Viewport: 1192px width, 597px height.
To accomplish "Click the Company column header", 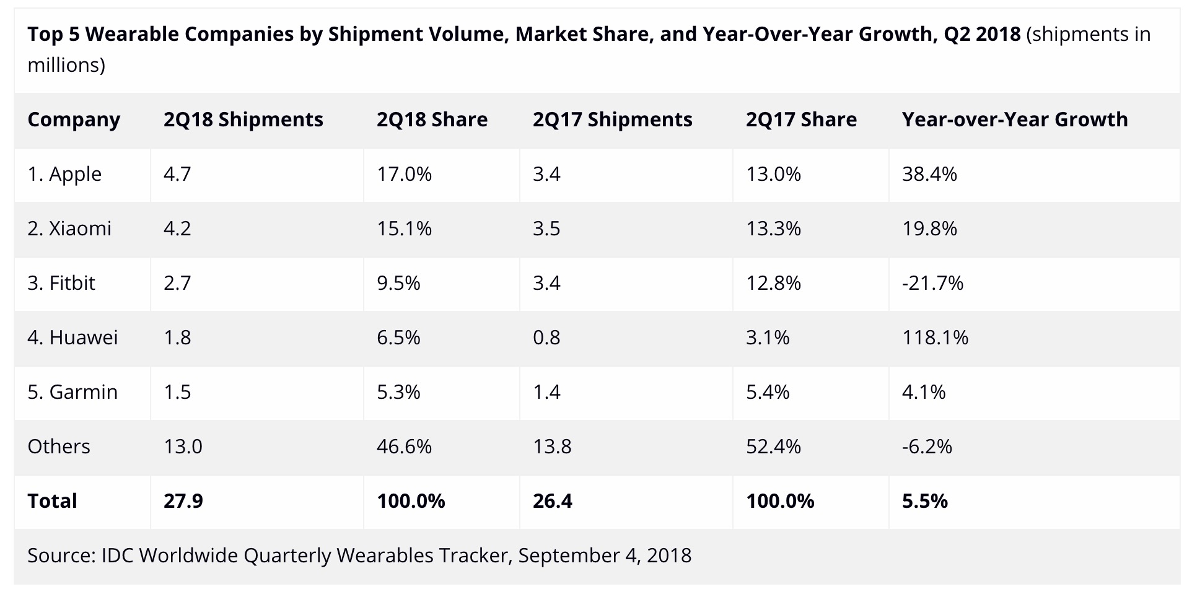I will (x=74, y=120).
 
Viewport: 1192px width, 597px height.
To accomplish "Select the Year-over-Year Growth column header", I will (x=1015, y=120).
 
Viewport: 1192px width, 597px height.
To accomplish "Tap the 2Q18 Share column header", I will (x=432, y=120).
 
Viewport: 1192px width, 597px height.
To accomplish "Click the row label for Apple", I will (x=64, y=174).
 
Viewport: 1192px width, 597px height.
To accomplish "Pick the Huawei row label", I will (x=72, y=338).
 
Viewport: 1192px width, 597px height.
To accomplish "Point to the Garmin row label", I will (x=72, y=392).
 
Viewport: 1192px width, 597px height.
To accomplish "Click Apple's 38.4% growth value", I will (x=929, y=174).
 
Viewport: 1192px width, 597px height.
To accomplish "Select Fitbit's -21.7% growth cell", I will (x=932, y=283).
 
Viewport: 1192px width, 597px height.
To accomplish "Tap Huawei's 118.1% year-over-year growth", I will (x=935, y=338).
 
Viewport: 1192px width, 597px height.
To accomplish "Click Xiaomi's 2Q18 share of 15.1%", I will (x=404, y=229).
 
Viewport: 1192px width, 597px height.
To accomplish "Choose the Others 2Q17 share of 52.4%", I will (x=773, y=447).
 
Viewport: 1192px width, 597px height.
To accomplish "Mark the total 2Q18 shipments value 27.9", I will (x=183, y=501).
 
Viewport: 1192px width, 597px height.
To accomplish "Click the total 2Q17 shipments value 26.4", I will (x=552, y=501).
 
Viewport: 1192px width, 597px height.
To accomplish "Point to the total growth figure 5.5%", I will (x=924, y=501).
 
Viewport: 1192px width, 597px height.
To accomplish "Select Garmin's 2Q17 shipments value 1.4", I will (x=546, y=392).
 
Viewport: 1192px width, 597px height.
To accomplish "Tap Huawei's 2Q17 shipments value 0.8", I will (x=546, y=338).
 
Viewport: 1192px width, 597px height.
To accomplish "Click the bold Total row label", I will (x=52, y=501).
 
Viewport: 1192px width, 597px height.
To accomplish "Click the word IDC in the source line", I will (x=116, y=556).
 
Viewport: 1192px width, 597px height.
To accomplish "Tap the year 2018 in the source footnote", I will (x=668, y=556).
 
